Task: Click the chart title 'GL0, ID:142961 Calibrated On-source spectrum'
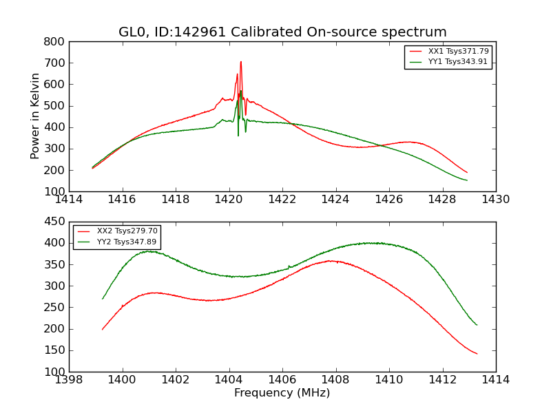(282, 32)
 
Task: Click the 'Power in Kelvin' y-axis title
(36, 116)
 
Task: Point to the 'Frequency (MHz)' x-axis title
(282, 393)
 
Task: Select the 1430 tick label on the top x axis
(495, 200)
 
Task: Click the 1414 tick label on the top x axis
(70, 200)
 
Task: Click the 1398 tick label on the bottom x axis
(70, 380)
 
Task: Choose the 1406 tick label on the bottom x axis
(282, 380)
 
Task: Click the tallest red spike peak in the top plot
(241, 62)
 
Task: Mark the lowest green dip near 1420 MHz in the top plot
(238, 135)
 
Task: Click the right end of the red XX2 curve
(477, 354)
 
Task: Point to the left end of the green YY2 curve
(103, 299)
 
